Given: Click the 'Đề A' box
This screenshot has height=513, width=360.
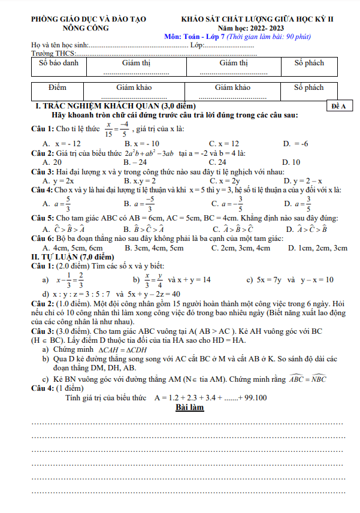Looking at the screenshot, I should [337, 106].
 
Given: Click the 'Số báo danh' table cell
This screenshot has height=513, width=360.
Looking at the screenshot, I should [58, 63].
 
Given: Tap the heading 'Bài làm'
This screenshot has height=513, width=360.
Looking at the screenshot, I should [189, 408].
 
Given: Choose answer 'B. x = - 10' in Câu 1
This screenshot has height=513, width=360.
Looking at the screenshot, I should [141, 144].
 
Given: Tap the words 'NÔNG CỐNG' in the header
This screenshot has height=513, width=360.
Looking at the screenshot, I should [85, 28].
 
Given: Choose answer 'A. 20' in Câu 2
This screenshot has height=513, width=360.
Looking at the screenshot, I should [52, 162].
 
